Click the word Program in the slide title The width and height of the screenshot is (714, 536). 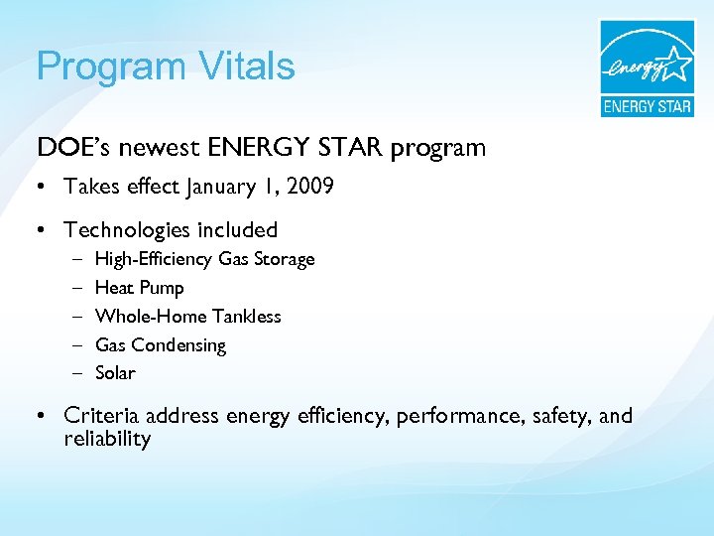click(108, 67)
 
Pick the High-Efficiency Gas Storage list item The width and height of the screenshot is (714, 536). click(204, 259)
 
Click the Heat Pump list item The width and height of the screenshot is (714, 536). click(139, 288)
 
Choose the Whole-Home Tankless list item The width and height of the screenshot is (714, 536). click(187, 317)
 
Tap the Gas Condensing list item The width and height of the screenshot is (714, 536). click(160, 345)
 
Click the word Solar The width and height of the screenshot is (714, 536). click(115, 373)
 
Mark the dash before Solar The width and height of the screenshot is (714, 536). click(77, 373)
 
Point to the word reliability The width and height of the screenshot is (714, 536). click(107, 439)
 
